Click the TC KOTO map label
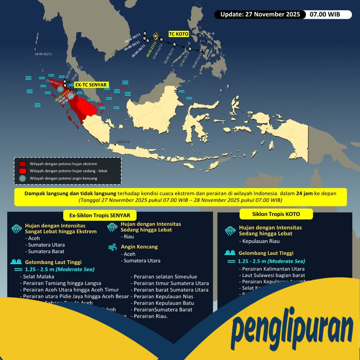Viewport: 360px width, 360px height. coord(178,34)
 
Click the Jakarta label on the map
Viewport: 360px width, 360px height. coord(123,141)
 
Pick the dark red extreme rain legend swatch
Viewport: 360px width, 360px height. coord(23,164)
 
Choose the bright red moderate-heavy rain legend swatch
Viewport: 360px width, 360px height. coord(23,171)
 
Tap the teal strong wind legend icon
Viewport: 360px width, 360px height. coord(23,178)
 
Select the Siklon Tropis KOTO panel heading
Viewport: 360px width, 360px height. coord(276,213)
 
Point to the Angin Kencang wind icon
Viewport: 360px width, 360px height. coord(113,247)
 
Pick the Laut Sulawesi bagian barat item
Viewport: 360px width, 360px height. coord(273,275)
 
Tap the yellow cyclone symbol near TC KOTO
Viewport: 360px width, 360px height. coord(155,35)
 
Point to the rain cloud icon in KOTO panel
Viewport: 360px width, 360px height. coord(230,231)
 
